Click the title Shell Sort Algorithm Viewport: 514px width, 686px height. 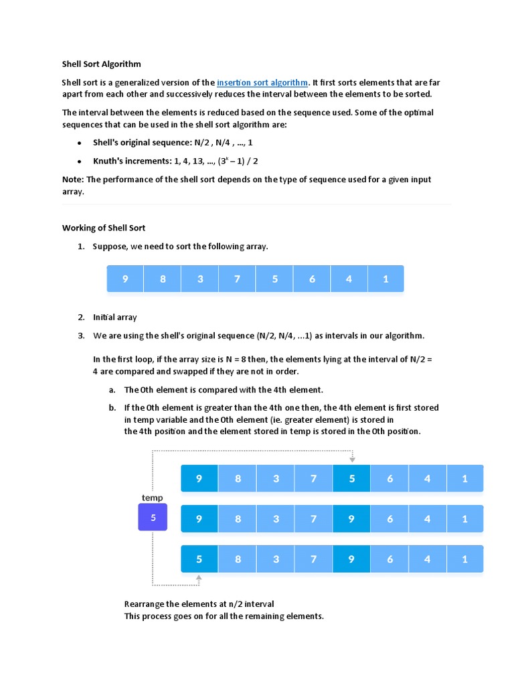(102, 64)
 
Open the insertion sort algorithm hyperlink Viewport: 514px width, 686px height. (262, 82)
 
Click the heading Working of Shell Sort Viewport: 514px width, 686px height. (104, 228)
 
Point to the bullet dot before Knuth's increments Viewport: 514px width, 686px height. (79, 162)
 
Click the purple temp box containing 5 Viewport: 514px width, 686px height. (153, 517)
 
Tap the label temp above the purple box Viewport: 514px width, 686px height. (153, 498)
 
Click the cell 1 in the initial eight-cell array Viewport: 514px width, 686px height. (385, 279)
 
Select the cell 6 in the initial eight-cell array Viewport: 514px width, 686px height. (312, 279)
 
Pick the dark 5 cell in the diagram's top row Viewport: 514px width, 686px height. (351, 478)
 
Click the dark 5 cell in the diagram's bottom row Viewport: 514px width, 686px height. (199, 559)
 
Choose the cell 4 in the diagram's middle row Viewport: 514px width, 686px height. (427, 519)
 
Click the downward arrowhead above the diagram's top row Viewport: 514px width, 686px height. (352, 460)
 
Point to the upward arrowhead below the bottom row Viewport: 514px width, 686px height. (198, 576)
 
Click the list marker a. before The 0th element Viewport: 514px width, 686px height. (112, 390)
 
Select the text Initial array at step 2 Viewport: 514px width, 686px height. (114, 318)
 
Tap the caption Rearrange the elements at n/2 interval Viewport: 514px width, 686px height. (199, 604)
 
